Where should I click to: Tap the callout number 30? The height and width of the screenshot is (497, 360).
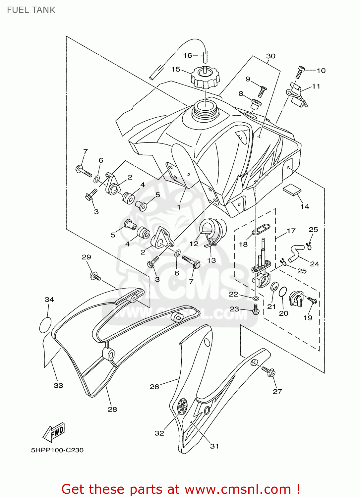[x=270, y=56]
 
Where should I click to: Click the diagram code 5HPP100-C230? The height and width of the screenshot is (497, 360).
[x=57, y=450]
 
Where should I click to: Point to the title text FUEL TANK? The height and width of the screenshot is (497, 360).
[x=31, y=10]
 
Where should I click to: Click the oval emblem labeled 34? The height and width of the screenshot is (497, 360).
[x=45, y=325]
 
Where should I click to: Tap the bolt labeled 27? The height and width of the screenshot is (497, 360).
[x=269, y=371]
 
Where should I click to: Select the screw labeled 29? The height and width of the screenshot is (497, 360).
[x=95, y=276]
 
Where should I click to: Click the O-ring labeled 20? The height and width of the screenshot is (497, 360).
[x=282, y=292]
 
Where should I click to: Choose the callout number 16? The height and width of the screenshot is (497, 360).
[x=188, y=55]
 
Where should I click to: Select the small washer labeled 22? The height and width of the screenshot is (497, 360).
[x=256, y=299]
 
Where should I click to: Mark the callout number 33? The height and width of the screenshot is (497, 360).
[x=58, y=385]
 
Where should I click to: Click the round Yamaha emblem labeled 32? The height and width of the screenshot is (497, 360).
[x=182, y=406]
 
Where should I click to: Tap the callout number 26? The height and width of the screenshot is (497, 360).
[x=154, y=386]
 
